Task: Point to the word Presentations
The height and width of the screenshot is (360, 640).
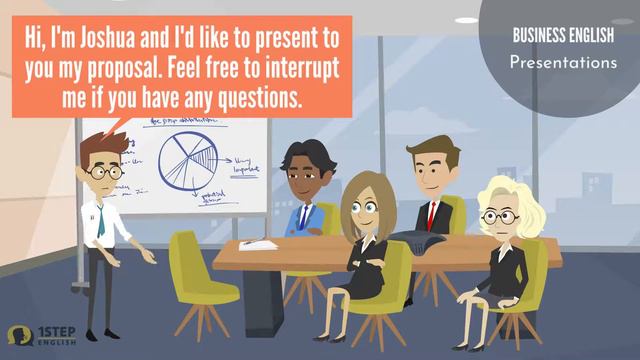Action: pos(563,62)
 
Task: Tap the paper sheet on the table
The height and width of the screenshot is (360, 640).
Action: pos(259,244)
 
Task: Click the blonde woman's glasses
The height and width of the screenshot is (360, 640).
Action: pos(496,215)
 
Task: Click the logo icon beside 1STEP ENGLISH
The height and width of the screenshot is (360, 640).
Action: pos(18,335)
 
